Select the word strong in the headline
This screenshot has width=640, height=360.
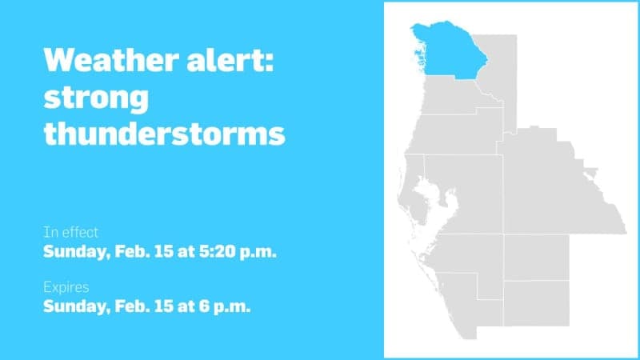(96, 98)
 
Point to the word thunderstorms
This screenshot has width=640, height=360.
(164, 134)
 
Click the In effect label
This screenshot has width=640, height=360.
(71, 233)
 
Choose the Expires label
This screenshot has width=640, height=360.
(66, 286)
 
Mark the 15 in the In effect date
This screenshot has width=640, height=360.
(160, 252)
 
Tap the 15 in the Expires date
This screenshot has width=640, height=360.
(160, 305)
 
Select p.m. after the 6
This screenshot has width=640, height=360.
(233, 306)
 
